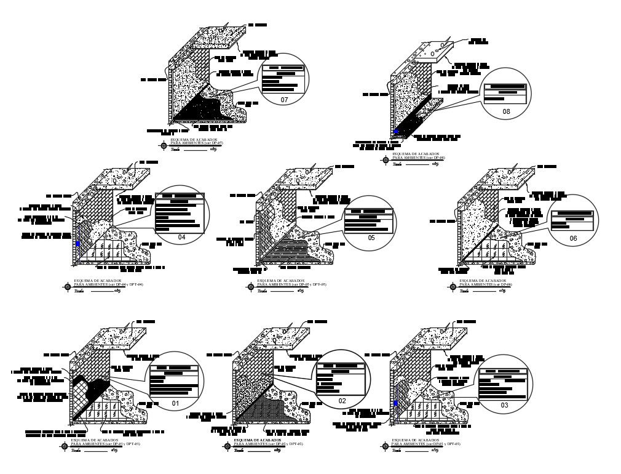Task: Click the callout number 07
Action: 284,99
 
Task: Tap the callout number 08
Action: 506,112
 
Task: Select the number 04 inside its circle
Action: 182,236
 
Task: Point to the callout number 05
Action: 371,236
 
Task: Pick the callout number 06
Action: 573,238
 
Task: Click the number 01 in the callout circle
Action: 175,404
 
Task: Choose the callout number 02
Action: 342,401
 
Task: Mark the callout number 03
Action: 504,405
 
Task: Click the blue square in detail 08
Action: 397,131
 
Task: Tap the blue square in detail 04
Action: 77,243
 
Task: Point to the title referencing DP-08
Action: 419,156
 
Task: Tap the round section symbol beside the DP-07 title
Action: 164,146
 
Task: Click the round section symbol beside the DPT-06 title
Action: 453,286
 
